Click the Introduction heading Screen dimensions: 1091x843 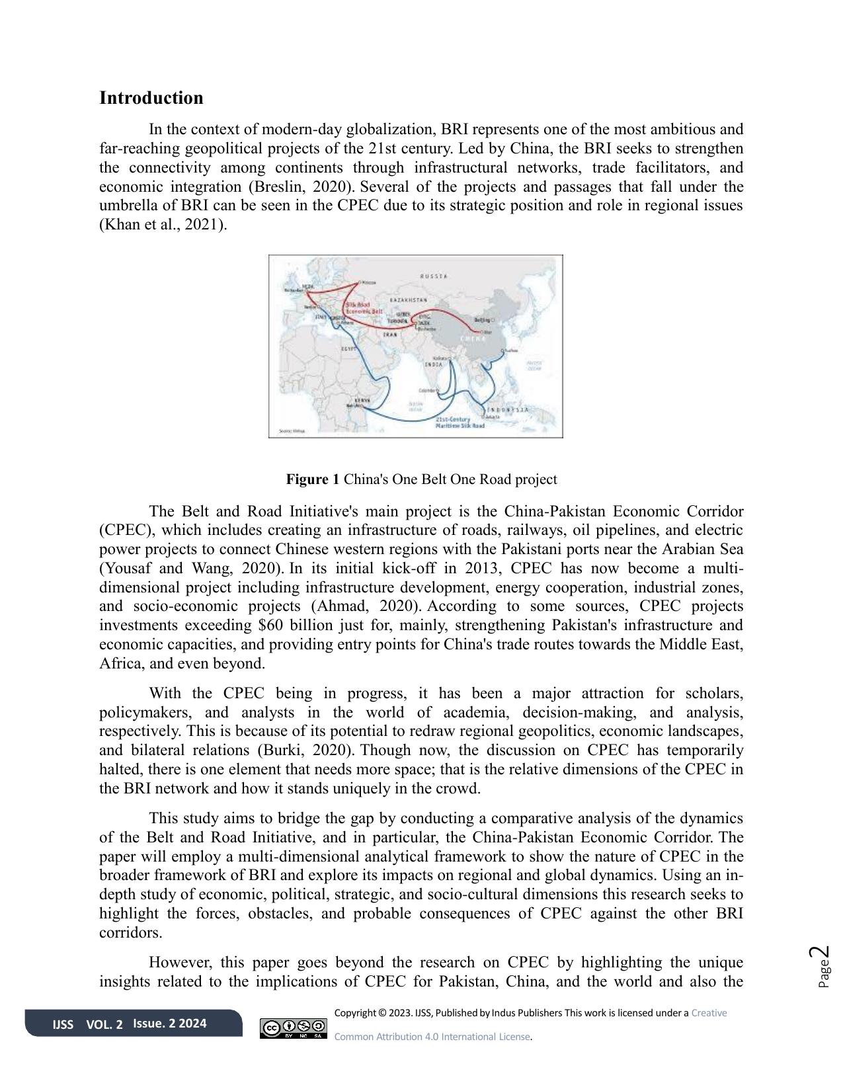click(x=151, y=98)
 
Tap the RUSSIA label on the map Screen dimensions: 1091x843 click(x=434, y=275)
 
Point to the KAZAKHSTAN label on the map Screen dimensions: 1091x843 click(x=408, y=300)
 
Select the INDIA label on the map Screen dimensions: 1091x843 click(x=434, y=364)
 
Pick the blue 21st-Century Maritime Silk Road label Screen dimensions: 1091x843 click(x=460, y=423)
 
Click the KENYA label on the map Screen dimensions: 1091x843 click(x=362, y=400)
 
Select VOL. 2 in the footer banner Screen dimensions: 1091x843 click(x=104, y=1024)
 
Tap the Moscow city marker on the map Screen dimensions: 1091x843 click(x=359, y=282)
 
